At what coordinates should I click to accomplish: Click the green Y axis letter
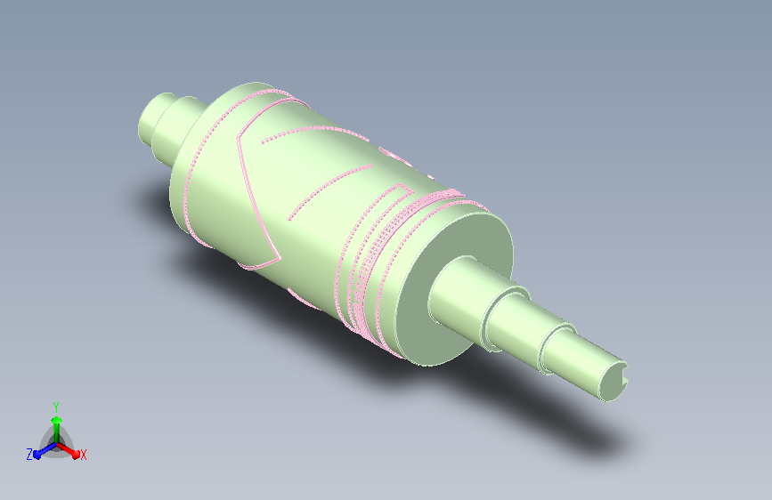(x=55, y=405)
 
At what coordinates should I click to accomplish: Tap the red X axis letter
(x=84, y=455)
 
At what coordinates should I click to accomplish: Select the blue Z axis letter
(x=29, y=454)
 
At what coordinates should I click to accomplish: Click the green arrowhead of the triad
(x=55, y=418)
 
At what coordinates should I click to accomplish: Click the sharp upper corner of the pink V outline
(x=239, y=140)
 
